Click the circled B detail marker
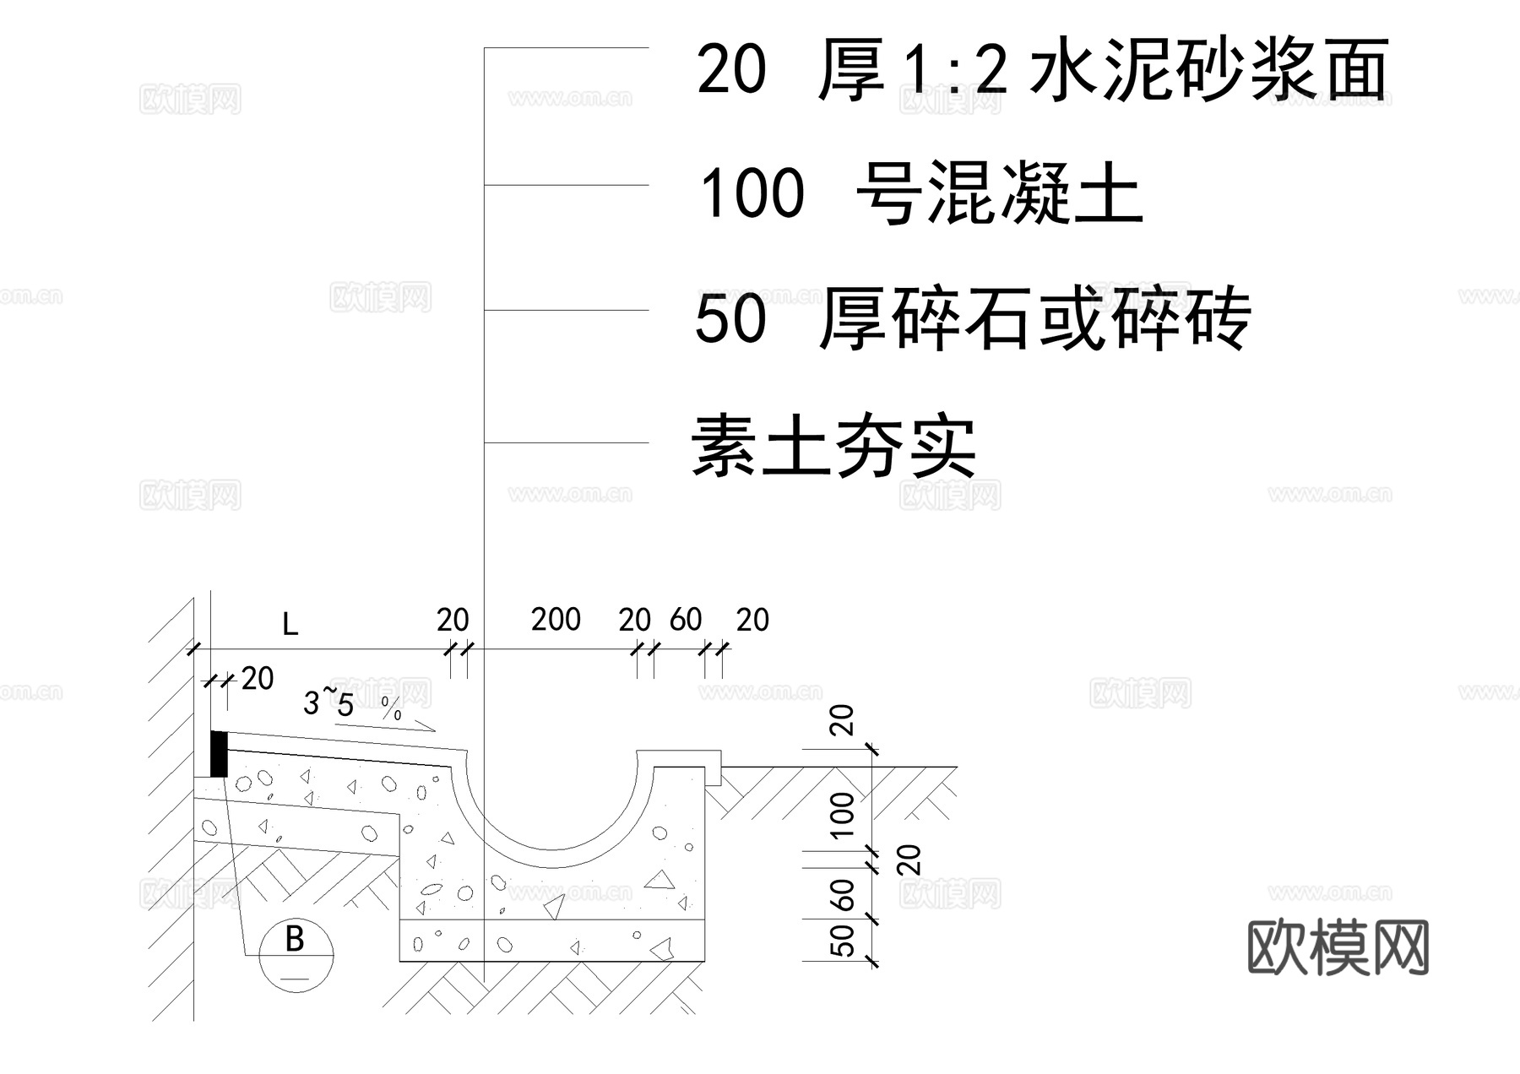(295, 955)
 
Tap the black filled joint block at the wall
(219, 754)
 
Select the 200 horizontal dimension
(556, 620)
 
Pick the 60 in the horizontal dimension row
(686, 620)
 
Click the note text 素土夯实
(833, 445)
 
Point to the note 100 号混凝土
(920, 194)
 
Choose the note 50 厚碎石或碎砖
(971, 319)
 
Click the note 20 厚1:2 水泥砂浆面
(1042, 69)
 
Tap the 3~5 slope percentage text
(328, 702)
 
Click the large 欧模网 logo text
(1338, 947)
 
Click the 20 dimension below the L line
(258, 678)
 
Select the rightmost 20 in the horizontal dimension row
(752, 620)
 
